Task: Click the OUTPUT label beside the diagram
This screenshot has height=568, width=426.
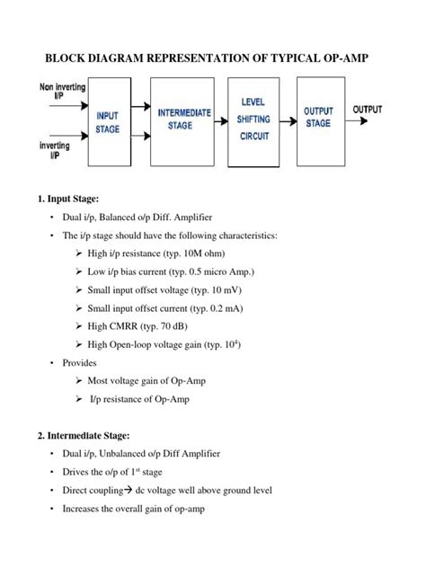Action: coord(368,110)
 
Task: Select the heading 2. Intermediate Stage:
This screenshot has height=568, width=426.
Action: coord(89,435)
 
